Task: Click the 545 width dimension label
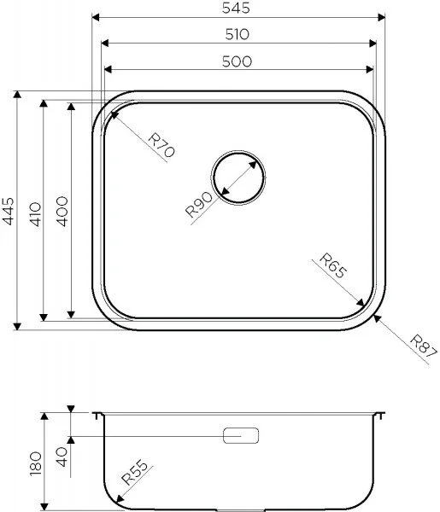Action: pyautogui.click(x=238, y=8)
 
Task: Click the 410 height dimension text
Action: pyautogui.click(x=34, y=211)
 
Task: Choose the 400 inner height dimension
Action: pyautogui.click(x=61, y=211)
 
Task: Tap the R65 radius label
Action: pyautogui.click(x=333, y=267)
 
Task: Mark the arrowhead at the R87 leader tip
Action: pyautogui.click(x=376, y=317)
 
